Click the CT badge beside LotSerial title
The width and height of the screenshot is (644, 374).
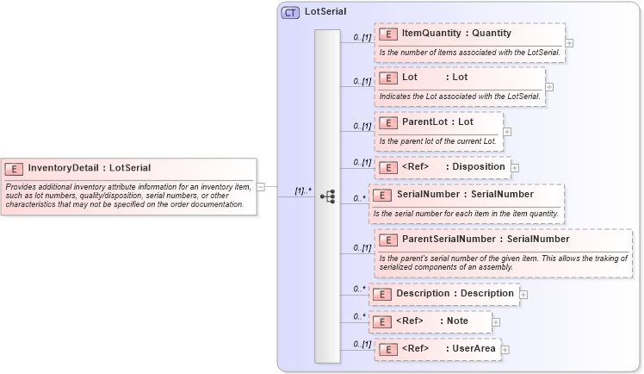290,13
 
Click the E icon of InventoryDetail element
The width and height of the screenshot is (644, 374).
15,168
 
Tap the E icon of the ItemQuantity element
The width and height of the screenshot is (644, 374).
389,34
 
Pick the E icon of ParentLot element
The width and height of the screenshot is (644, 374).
389,122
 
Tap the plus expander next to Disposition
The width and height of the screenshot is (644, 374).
516,167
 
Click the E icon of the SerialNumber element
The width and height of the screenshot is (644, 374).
384,195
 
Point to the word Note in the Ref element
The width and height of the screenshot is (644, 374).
457,321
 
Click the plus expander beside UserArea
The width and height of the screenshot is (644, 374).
505,349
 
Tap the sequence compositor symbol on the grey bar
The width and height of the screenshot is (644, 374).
327,196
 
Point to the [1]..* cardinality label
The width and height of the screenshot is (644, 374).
302,190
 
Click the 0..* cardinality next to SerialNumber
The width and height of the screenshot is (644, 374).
360,198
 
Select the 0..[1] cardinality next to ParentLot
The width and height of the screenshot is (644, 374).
362,127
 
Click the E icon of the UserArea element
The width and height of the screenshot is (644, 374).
389,349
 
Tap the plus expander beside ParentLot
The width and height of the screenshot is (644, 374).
507,132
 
